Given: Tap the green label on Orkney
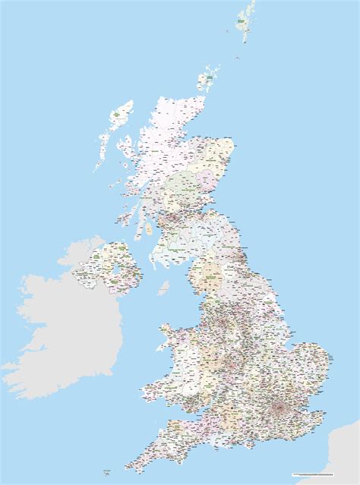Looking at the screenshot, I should tap(207, 77).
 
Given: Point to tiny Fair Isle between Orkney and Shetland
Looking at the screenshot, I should tap(229, 31).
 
